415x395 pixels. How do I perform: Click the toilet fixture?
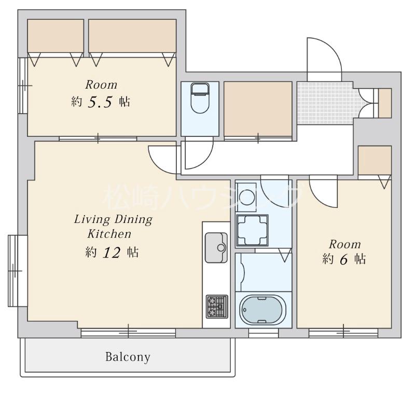(200, 98)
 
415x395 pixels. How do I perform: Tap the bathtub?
(263, 309)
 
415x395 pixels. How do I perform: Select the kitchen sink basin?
(216, 247)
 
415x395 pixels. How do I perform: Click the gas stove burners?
(217, 306)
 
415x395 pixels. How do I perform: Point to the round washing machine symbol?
(247, 197)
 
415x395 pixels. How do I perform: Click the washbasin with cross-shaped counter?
(252, 230)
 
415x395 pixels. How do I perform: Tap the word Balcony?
(128, 357)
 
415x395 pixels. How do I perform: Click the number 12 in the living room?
(111, 252)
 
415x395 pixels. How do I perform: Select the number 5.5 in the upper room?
(100, 102)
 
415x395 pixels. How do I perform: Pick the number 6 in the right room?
(343, 259)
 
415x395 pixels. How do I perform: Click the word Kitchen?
(109, 234)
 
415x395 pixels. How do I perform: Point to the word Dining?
(134, 220)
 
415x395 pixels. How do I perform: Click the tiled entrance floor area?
(325, 103)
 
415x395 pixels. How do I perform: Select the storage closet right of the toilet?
(258, 109)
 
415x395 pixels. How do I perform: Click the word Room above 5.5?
(101, 85)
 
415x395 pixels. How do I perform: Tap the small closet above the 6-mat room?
(375, 160)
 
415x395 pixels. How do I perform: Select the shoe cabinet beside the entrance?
(385, 103)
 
